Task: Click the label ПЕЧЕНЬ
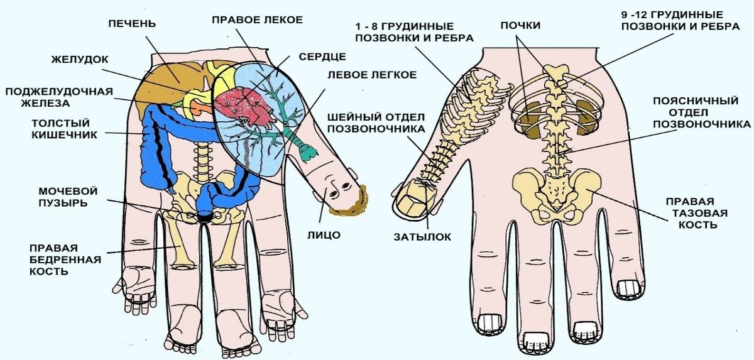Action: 132,23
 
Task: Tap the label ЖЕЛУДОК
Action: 80,60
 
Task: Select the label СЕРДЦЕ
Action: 322,57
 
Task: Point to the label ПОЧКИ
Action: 520,25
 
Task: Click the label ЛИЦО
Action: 324,235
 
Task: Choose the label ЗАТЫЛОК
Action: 422,237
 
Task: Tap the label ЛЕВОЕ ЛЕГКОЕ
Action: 372,74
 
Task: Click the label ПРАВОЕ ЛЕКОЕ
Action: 257,19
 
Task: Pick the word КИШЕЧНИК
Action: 64,135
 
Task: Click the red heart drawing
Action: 243,106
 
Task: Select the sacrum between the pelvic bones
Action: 556,189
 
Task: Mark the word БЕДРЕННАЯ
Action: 65,259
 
